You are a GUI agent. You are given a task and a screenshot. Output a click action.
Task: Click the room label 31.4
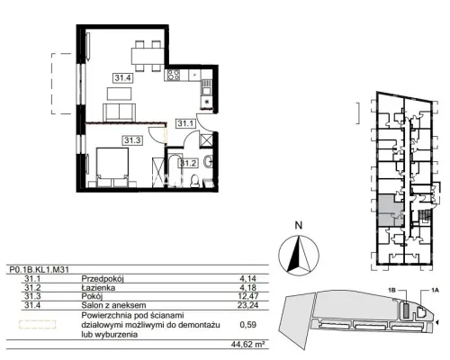[123, 78]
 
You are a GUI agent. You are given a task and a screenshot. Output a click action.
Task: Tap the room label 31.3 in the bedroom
[132, 140]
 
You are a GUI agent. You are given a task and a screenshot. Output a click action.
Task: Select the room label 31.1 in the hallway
[186, 123]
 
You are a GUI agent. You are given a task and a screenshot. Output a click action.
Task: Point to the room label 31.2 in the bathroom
[188, 164]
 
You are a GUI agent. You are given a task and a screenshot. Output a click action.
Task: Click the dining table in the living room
[148, 56]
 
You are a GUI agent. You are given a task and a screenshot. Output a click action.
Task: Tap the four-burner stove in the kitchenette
[174, 75]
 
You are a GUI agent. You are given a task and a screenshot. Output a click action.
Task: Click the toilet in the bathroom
[195, 181]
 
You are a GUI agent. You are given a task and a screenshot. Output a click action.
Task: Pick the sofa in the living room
[120, 112]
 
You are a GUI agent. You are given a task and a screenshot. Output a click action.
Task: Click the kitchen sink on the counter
[206, 88]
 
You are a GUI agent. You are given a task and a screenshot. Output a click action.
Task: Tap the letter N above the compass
[298, 225]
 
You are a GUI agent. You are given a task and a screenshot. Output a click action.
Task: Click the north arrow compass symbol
[299, 256]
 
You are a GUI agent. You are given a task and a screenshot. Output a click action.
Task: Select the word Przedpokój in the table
[103, 279]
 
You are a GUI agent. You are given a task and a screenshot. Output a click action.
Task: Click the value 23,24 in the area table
[248, 305]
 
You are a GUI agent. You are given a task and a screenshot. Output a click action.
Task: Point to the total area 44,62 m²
[247, 345]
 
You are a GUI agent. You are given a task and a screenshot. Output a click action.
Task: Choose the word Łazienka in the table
[98, 288]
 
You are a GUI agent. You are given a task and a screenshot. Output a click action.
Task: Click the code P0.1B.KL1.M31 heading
[39, 270]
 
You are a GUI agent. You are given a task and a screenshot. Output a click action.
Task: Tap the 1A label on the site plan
[435, 290]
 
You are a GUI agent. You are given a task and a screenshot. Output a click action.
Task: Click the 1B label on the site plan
[391, 290]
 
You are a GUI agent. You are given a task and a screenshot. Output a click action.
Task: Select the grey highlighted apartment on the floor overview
[391, 211]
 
